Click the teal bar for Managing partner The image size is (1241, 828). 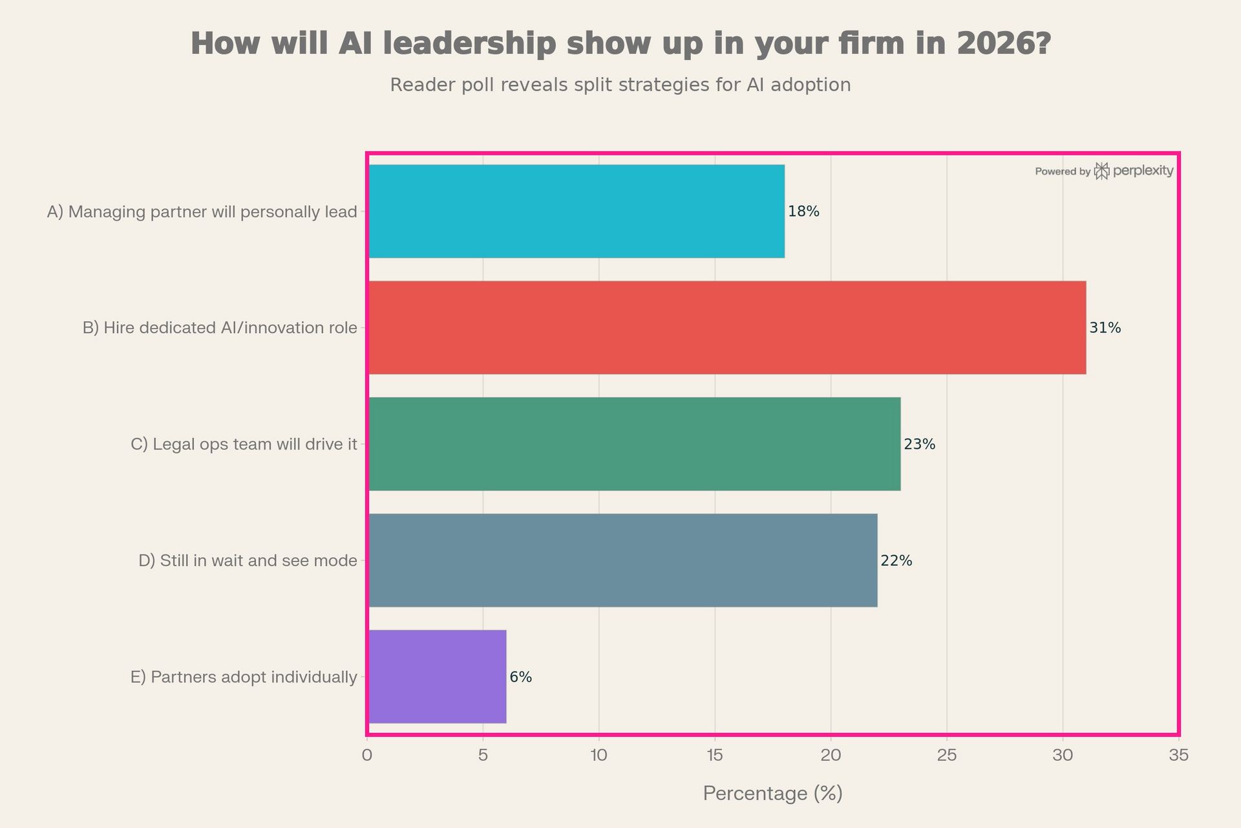point(576,212)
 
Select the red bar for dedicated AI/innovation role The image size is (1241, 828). point(727,327)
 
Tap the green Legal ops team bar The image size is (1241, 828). point(634,444)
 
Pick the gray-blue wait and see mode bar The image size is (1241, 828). point(622,560)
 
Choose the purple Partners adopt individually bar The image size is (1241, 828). point(437,677)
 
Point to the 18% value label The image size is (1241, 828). point(803,212)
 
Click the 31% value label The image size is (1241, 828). point(1105,328)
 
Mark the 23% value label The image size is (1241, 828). point(919,444)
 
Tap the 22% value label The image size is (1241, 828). point(896,561)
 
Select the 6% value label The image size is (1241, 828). point(520,677)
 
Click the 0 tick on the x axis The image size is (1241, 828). point(367,755)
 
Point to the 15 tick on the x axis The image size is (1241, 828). point(715,755)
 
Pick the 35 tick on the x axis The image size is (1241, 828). point(1179,755)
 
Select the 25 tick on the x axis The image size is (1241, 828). point(947,755)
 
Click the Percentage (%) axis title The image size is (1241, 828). point(772,793)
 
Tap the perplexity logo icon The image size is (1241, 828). point(1101,171)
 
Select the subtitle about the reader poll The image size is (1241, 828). point(620,85)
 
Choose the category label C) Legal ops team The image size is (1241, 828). point(244,444)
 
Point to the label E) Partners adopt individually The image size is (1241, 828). point(244,677)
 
